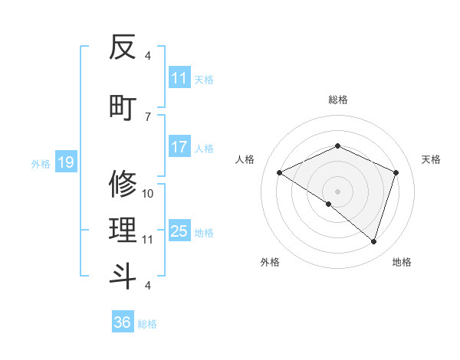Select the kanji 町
point(123,106)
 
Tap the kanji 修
point(123,184)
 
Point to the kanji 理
point(123,228)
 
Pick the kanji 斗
point(123,276)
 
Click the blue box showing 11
point(179,78)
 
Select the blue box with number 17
point(179,147)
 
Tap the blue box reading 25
point(179,231)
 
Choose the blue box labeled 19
point(65,162)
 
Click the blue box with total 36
point(123,322)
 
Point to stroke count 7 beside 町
point(148,116)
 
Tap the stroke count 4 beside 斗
point(148,286)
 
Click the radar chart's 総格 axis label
point(337,100)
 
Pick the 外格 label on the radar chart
point(270,262)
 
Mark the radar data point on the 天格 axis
point(396,172)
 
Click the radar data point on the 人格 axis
point(279,172)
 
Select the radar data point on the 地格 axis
point(373,241)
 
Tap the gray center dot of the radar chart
point(337,191)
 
